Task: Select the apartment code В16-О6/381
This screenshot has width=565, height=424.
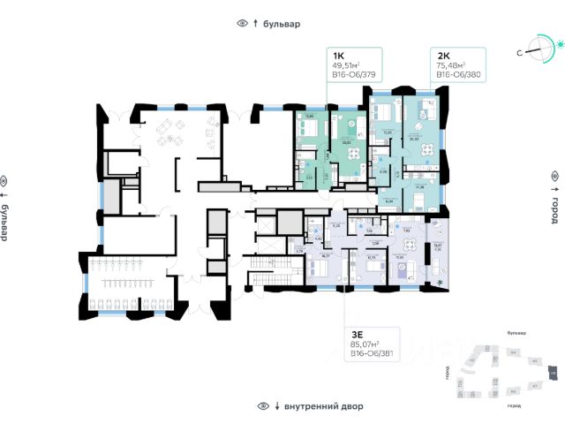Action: coord(371,357)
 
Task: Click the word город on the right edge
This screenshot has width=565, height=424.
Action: coord(555,215)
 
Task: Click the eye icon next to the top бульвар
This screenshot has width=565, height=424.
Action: coord(242,24)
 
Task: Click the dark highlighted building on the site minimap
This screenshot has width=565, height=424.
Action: coord(554,374)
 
